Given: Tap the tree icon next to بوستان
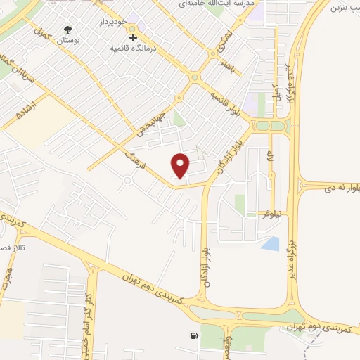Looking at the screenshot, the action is click(x=68, y=30).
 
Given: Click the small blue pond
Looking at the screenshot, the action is click(x=270, y=243).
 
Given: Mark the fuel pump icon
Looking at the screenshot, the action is click(x=193, y=335).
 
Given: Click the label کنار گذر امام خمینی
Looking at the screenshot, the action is click(x=87, y=314).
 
